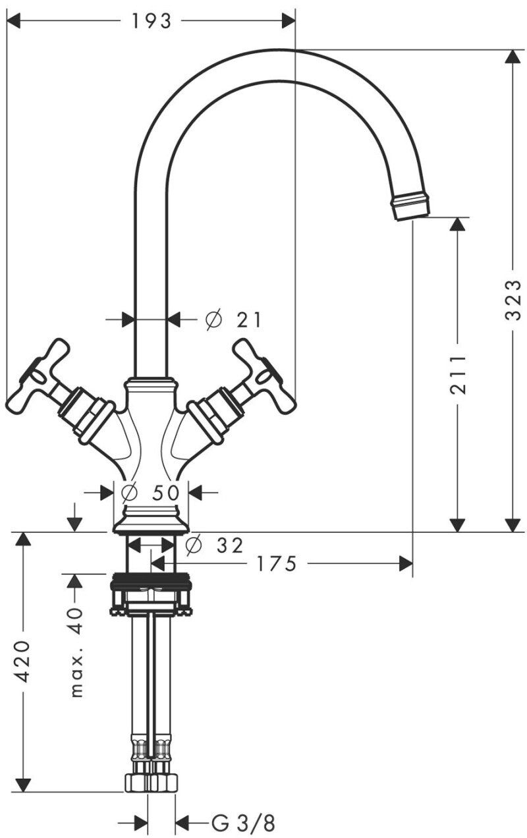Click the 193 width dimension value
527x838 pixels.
(x=151, y=21)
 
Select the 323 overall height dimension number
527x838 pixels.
(x=513, y=300)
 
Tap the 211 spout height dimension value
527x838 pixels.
(x=458, y=374)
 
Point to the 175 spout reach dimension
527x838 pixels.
(x=277, y=564)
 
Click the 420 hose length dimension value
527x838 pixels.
(x=23, y=660)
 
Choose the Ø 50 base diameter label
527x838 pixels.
(x=151, y=492)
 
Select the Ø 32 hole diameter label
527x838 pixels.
(x=214, y=545)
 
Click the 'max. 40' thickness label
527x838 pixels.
(x=76, y=652)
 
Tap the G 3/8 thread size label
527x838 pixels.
(x=243, y=823)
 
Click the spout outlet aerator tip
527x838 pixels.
(x=410, y=206)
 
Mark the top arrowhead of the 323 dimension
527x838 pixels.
(x=513, y=56)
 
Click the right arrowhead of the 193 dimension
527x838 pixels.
(x=289, y=21)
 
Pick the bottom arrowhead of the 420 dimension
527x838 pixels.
(x=23, y=785)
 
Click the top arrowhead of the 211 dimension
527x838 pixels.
(x=457, y=224)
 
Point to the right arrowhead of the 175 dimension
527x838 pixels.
(x=406, y=564)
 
